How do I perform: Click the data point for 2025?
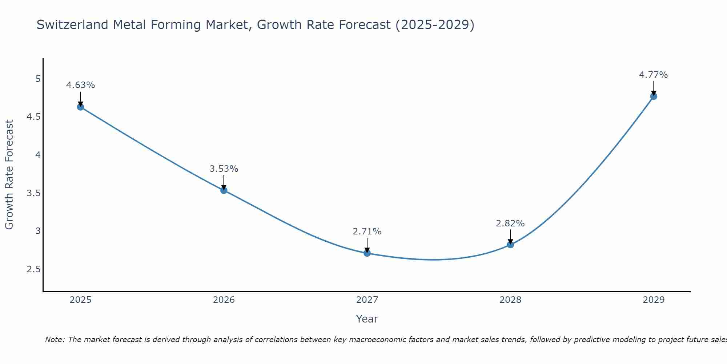80,107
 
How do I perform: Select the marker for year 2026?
224,190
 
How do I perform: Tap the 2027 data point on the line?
367,253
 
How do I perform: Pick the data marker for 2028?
510,245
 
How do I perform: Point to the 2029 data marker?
654,96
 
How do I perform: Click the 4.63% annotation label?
80,85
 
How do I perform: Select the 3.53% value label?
224,169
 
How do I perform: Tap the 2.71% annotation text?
367,232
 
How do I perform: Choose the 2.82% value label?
510,223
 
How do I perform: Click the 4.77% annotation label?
654,75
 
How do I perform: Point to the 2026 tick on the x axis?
224,300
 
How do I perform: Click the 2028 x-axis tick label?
510,300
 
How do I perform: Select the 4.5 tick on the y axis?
33,117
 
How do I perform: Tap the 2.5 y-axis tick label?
33,269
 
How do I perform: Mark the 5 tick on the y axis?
38,79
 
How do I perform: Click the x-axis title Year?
367,319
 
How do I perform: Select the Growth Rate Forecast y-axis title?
9,175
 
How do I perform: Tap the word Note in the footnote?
55,340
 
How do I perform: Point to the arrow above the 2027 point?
367,245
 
